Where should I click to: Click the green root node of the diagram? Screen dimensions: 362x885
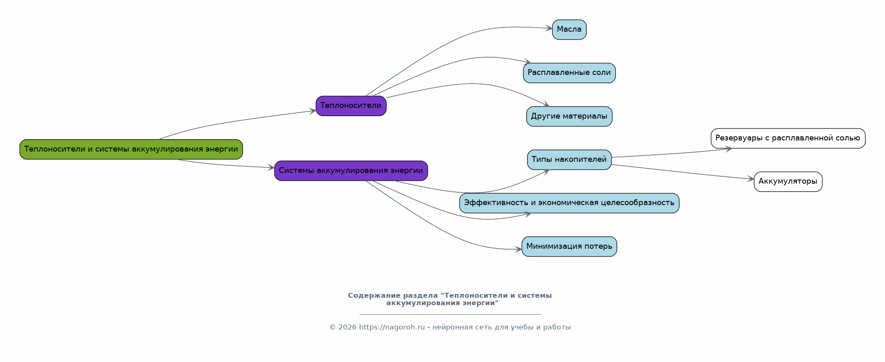(131, 149)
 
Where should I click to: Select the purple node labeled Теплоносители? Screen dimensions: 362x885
(351, 106)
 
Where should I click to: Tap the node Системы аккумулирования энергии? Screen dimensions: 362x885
(351, 170)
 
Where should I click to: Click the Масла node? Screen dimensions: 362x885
(569, 30)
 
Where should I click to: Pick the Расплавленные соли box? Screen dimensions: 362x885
(569, 73)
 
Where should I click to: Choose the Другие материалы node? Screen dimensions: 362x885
(569, 117)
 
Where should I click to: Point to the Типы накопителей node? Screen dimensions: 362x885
(569, 160)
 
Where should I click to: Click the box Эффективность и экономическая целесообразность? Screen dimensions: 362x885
(569, 203)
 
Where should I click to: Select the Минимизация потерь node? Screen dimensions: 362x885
(569, 247)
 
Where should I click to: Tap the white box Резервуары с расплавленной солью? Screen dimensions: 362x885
(788, 138)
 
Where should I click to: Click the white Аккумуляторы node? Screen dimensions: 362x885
(788, 182)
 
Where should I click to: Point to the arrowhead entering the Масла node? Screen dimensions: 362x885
(549, 28)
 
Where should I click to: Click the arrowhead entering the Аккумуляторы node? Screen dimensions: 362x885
(751, 179)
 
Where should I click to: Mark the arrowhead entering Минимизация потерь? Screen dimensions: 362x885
(519, 249)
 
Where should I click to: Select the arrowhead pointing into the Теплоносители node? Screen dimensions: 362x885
(313, 111)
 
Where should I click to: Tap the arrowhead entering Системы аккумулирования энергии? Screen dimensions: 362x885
(271, 168)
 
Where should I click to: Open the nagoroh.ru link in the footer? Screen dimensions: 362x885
(392, 327)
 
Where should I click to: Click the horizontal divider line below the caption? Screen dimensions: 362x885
(450, 314)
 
